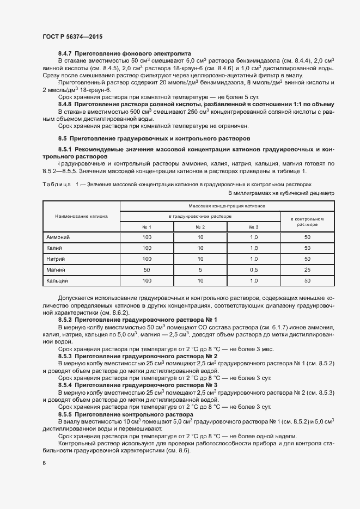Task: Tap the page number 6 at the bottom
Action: pyautogui.click(x=44, y=463)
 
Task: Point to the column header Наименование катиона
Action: pyautogui.click(x=81, y=216)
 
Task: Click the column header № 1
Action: pyautogui.click(x=147, y=226)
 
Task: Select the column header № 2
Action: pyautogui.click(x=200, y=226)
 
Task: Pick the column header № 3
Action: pyautogui.click(x=253, y=226)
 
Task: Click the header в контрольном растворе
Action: pyautogui.click(x=307, y=221)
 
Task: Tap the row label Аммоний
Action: pyautogui.click(x=58, y=237)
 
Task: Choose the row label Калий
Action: pyautogui.click(x=55, y=248)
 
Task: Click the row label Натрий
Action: pyautogui.click(x=57, y=259)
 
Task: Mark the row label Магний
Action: pyautogui.click(x=56, y=269)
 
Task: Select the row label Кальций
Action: pyautogui.click(x=58, y=280)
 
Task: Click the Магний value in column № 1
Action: pyautogui.click(x=147, y=269)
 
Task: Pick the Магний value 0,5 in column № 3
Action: pyautogui.click(x=253, y=269)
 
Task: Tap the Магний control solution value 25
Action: pyautogui.click(x=307, y=269)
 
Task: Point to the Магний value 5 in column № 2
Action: pyautogui.click(x=200, y=269)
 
